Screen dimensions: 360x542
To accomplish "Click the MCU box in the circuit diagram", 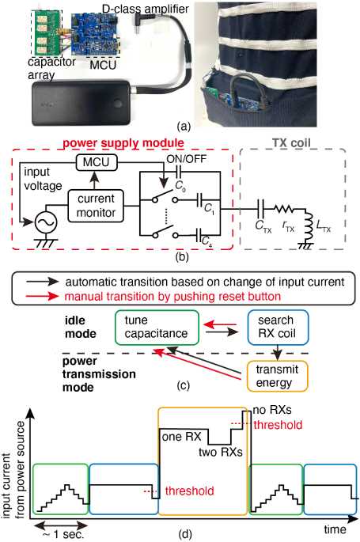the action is click(x=96, y=162).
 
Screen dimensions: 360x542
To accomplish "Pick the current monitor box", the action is click(x=96, y=206).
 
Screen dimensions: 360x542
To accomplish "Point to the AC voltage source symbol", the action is click(x=46, y=222).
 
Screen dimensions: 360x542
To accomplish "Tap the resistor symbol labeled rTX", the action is click(x=283, y=209).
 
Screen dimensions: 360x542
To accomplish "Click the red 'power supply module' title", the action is click(x=123, y=142).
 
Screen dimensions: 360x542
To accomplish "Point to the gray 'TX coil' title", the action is click(x=291, y=142).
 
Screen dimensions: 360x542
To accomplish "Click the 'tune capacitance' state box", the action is click(x=157, y=328).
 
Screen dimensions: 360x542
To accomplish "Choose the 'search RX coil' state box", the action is click(x=278, y=328).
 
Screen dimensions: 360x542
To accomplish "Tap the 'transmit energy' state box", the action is click(x=277, y=377).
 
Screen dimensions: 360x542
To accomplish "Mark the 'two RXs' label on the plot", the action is click(x=221, y=452).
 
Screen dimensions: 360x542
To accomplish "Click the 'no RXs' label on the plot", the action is click(x=272, y=411).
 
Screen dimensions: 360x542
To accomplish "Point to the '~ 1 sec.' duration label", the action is click(x=63, y=534).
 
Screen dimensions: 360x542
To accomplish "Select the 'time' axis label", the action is click(x=335, y=529).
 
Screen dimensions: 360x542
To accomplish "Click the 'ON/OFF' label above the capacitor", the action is click(x=186, y=159).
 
